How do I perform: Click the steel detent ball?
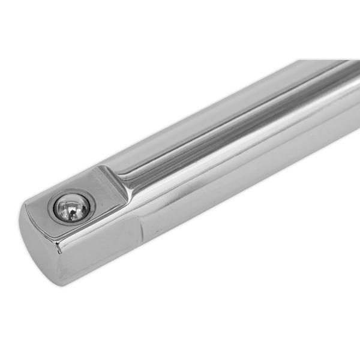pos(71,207)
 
